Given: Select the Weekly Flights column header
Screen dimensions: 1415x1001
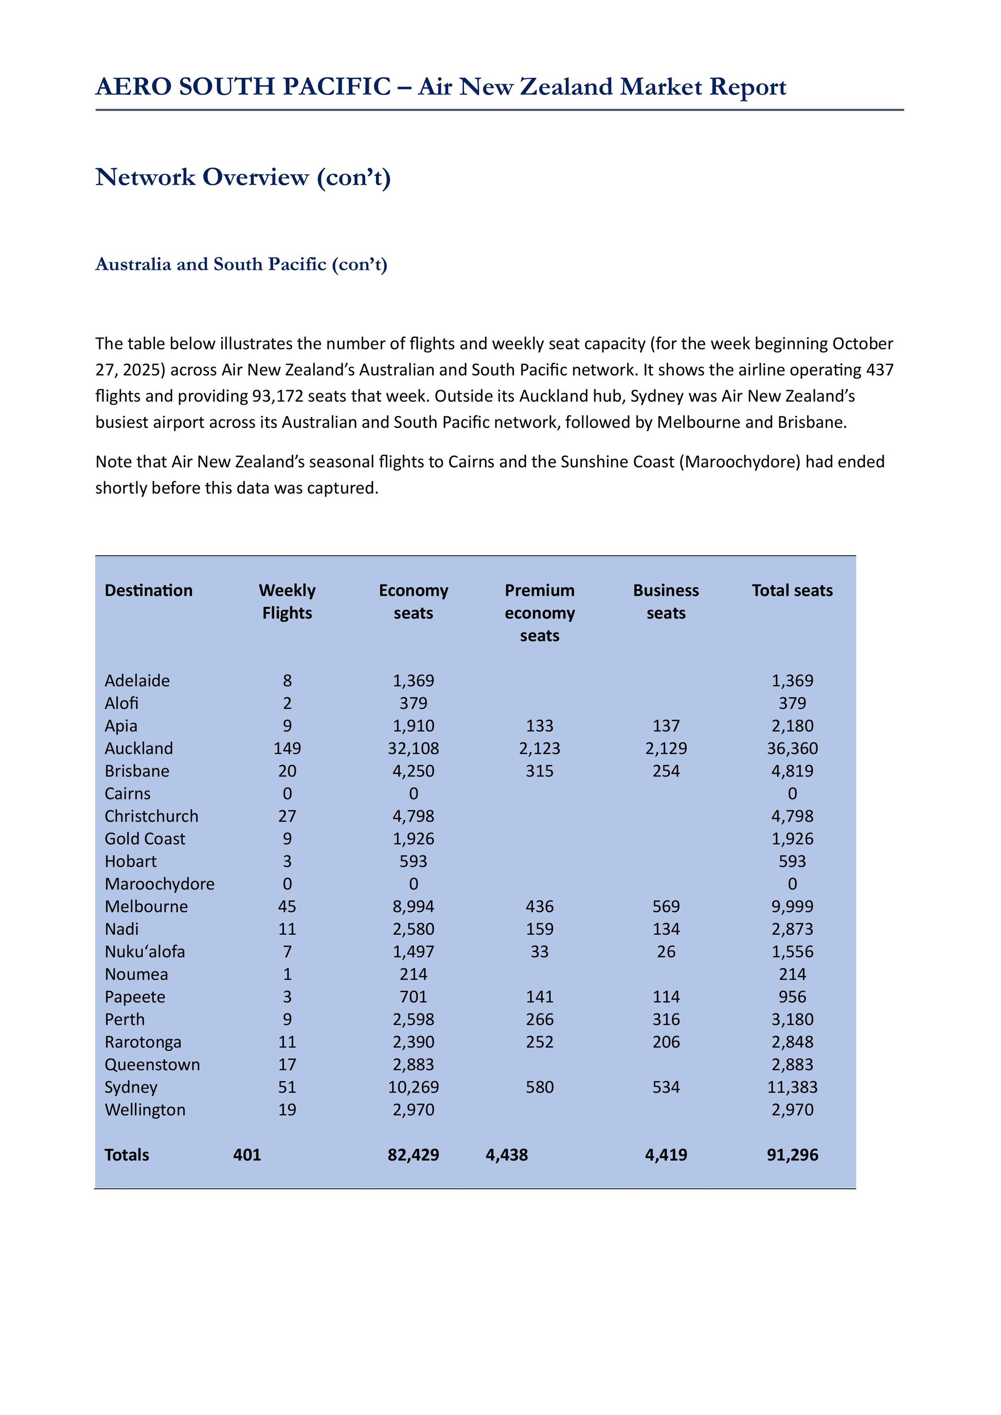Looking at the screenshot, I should click(287, 602).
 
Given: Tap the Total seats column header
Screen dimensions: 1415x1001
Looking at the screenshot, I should click(792, 590).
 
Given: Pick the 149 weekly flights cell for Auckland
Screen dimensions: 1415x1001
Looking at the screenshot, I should click(287, 748).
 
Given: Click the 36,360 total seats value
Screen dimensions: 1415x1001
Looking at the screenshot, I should click(792, 748).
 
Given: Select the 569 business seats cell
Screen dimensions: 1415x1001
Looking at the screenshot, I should click(666, 906).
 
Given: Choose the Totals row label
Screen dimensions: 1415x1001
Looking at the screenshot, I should click(127, 1155).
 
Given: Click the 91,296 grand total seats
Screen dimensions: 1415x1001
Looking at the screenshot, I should click(792, 1155).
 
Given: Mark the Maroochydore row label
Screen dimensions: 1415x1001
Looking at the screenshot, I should click(159, 884).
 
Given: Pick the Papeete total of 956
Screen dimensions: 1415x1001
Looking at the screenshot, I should click(792, 996).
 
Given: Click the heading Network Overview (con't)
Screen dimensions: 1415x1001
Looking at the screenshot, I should click(243, 177).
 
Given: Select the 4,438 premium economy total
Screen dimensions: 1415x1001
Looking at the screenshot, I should click(507, 1155).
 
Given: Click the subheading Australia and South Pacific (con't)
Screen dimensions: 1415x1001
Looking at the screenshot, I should click(241, 264).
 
